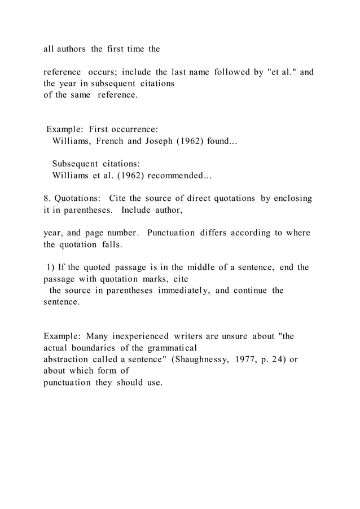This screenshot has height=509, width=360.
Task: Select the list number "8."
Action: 47,199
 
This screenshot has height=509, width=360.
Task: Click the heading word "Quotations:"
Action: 78,199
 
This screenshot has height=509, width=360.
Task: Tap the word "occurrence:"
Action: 124,130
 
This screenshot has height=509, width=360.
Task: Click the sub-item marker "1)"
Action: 50,267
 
